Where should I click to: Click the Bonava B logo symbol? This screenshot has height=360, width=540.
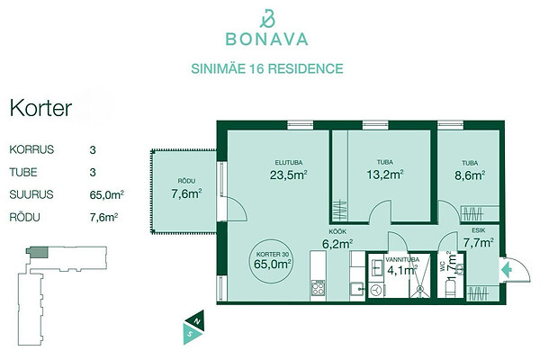[267, 19]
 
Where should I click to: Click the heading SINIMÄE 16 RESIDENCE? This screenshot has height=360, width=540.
[267, 68]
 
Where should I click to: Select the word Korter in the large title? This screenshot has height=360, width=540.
[40, 108]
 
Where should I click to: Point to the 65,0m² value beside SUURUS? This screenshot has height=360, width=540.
[107, 194]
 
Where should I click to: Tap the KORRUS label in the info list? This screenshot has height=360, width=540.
[31, 149]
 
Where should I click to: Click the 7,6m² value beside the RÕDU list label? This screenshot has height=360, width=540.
[104, 218]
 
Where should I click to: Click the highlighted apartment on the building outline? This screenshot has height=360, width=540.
[37, 253]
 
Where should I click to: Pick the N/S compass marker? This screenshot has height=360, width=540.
[193, 328]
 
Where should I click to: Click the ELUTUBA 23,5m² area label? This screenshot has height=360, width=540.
[289, 170]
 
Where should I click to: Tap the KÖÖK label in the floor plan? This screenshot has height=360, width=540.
[337, 232]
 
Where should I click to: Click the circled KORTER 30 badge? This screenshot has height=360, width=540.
[272, 262]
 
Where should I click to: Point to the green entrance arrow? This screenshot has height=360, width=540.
[506, 270]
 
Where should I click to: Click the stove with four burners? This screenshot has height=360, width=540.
[319, 288]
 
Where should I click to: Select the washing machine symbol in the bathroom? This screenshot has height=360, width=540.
[376, 290]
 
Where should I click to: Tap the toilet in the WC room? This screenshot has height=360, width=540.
[451, 288]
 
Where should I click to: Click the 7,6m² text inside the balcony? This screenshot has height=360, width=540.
[186, 194]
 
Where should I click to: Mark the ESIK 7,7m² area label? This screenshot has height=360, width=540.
[479, 238]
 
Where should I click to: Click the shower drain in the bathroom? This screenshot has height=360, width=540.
[420, 289]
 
